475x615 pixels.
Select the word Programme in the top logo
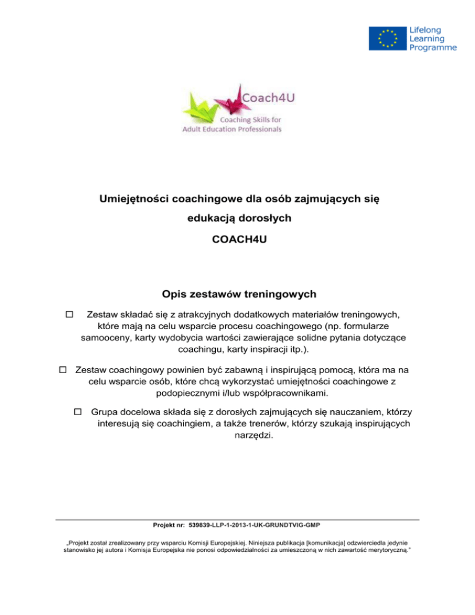[x=432, y=47]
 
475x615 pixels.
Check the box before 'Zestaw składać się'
[x=69, y=315]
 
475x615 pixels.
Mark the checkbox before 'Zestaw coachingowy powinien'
[x=62, y=369]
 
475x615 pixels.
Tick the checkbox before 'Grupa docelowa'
[x=78, y=411]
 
